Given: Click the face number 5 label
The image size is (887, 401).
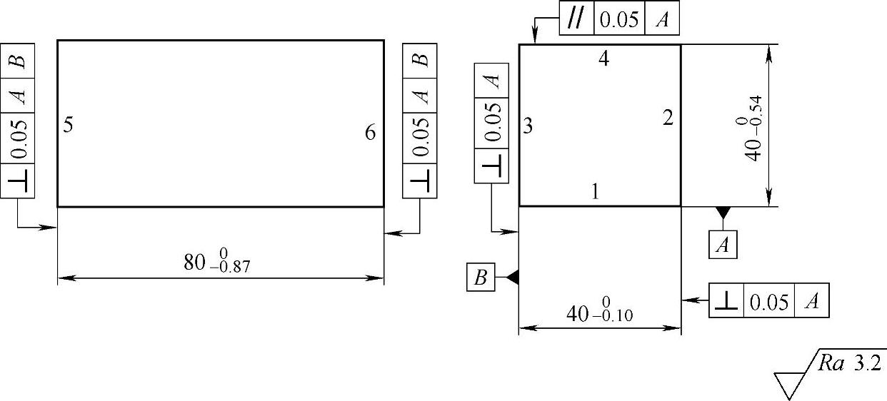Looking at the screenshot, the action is coord(68,126).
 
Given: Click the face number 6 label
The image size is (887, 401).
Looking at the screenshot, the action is coord(370,133).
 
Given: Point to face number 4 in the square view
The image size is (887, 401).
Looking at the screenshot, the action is coord(603,60).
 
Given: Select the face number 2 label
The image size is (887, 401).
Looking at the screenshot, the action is coord(667,118).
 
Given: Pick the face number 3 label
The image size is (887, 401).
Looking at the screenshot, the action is coord(528,127).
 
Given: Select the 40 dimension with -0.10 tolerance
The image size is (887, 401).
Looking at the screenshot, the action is coord(599,313).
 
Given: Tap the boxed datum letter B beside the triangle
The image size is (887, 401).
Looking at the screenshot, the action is coord(481,278).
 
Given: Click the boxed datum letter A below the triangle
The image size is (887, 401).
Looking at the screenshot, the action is coord(723,245).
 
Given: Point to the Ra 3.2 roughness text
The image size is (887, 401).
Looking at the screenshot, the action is coord(850,364).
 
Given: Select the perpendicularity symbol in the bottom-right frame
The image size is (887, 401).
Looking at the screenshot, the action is coord(726,301).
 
